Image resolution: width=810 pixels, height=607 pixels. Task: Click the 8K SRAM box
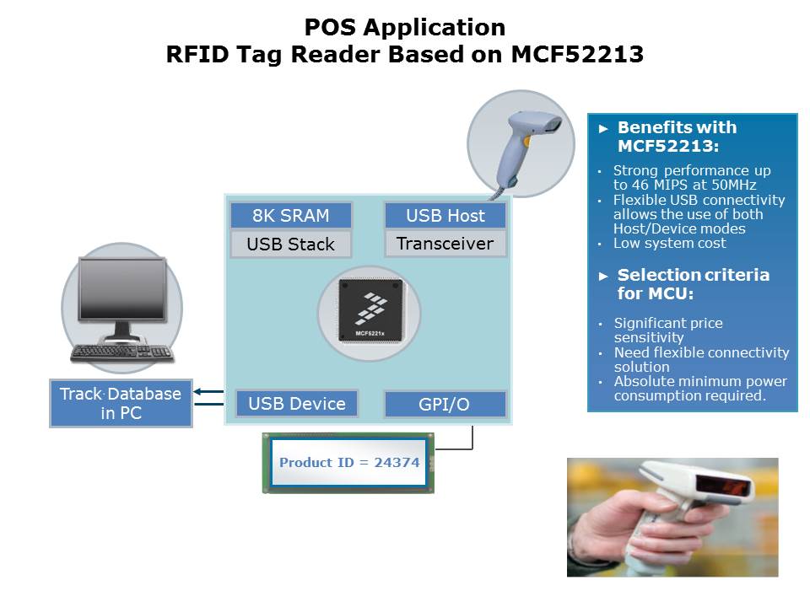291,215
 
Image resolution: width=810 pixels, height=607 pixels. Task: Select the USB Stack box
291,244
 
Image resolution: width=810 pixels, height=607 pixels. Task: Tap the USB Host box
445,215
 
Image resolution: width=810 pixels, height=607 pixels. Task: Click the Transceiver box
445,244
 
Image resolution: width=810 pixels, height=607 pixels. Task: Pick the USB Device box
297,404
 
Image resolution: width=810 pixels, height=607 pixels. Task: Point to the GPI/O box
445,405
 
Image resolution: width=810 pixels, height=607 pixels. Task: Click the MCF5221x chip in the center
369,312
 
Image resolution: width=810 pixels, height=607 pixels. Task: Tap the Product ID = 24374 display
349,463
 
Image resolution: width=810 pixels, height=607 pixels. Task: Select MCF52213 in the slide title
578,55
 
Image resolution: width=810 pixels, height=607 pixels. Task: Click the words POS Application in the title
405,27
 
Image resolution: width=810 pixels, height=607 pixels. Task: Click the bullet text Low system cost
670,244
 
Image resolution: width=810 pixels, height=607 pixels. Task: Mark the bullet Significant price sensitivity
668,330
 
